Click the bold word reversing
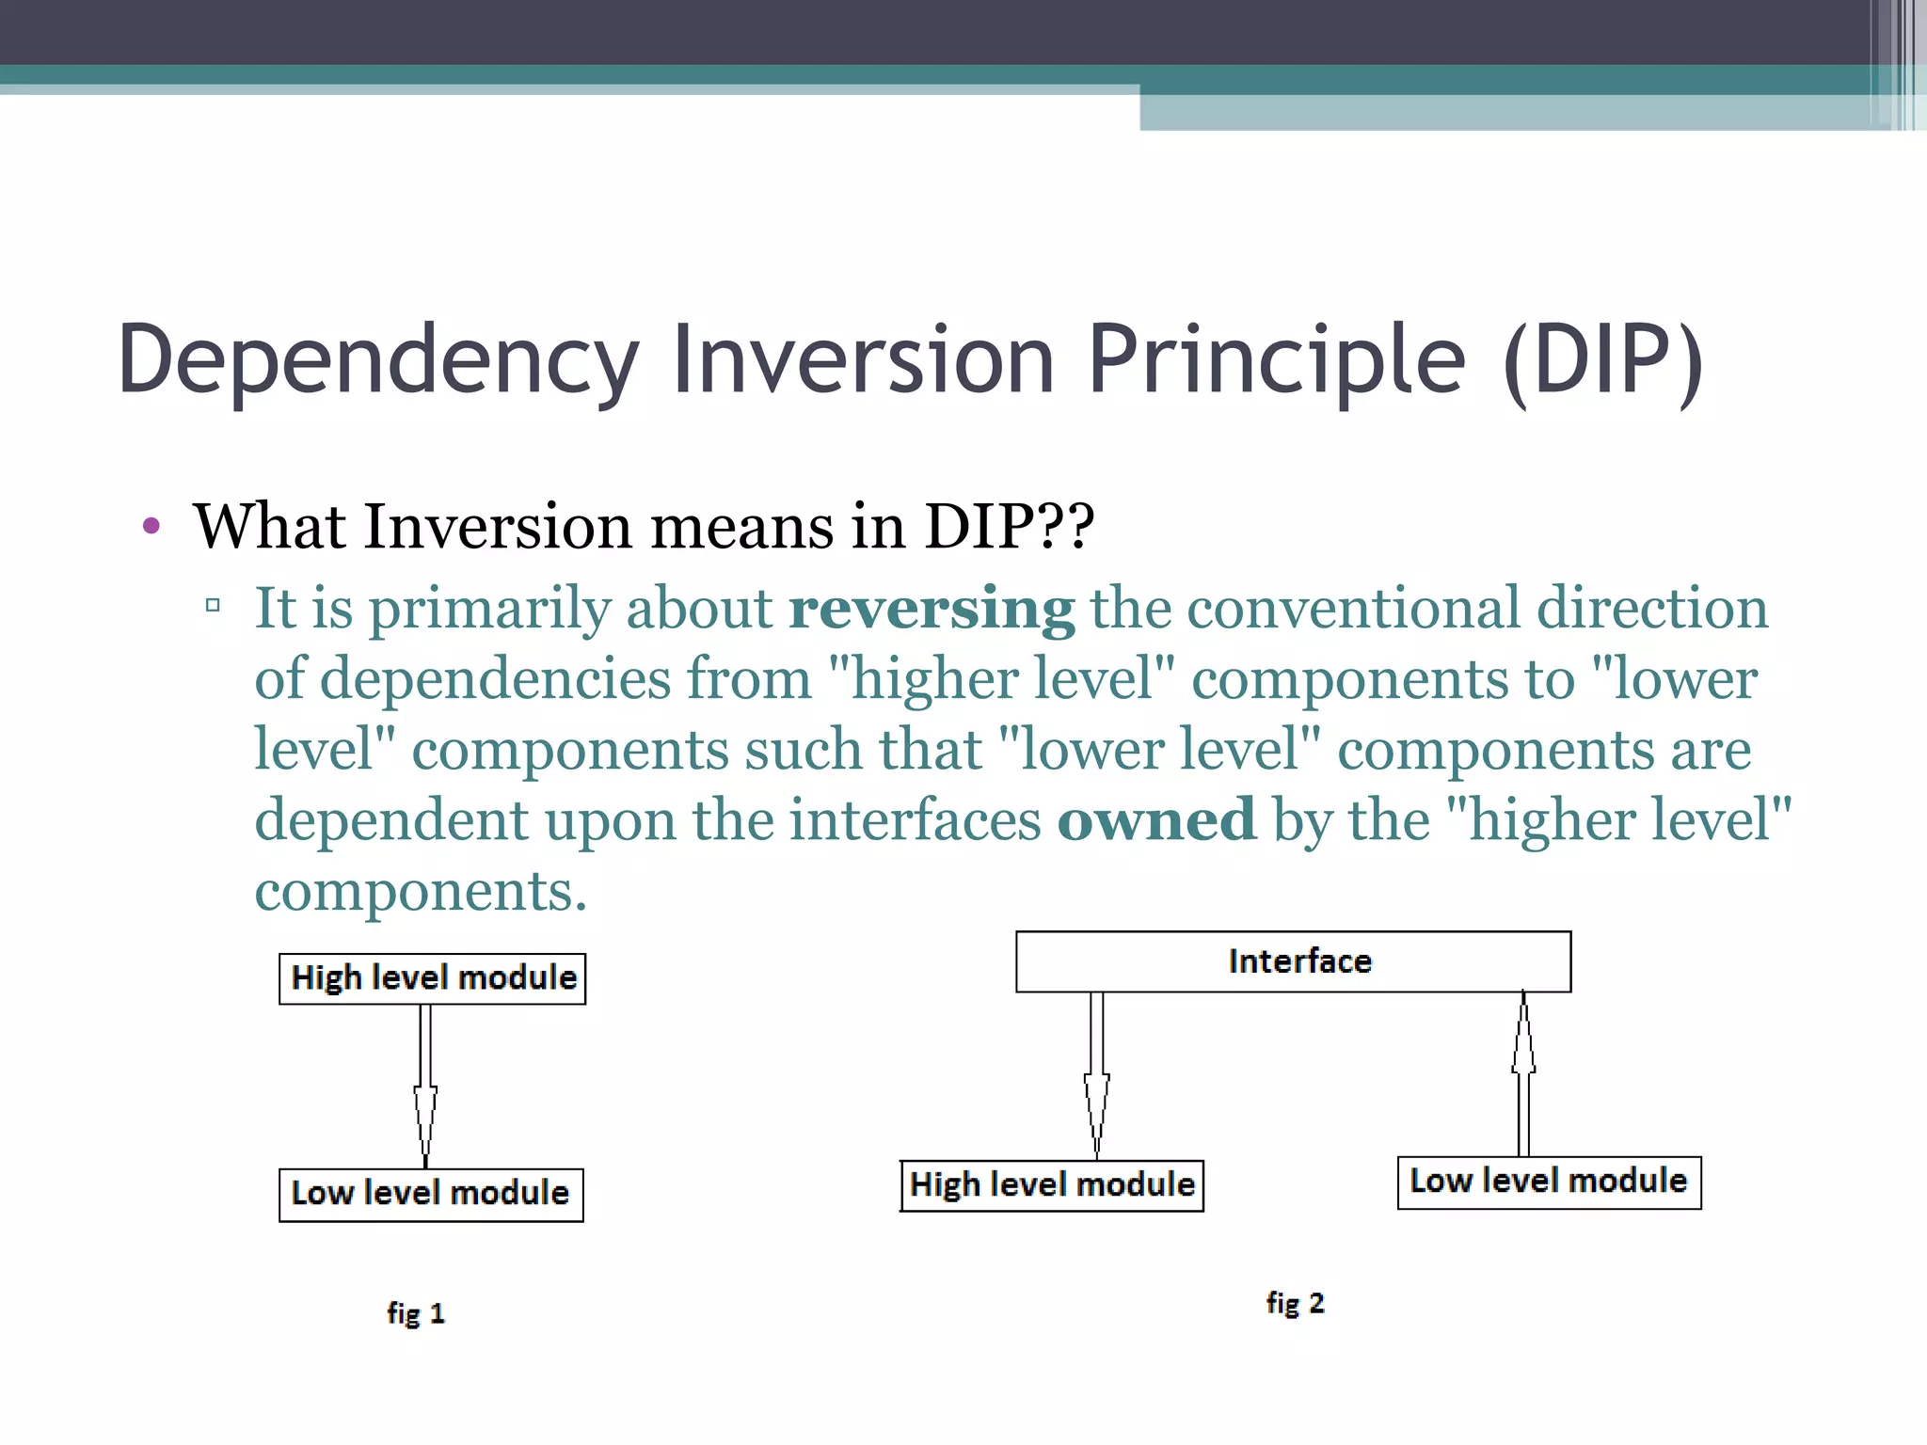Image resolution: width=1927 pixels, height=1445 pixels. pyautogui.click(x=932, y=610)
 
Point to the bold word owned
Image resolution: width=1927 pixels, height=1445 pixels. pyautogui.click(x=1156, y=820)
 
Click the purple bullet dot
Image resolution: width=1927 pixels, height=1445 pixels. pyautogui.click(x=151, y=526)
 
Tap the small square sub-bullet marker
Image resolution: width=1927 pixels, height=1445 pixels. pyautogui.click(x=213, y=605)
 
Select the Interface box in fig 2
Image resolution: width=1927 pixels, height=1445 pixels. pyautogui.click(x=1293, y=961)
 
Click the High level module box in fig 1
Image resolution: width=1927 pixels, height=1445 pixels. pyautogui.click(x=433, y=978)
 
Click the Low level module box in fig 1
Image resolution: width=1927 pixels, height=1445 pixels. pyautogui.click(x=431, y=1195)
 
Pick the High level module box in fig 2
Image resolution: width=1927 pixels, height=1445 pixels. pyautogui.click(x=1052, y=1185)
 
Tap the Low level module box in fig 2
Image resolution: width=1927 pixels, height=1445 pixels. pyautogui.click(x=1549, y=1183)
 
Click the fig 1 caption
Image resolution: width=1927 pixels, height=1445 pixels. pyautogui.click(x=415, y=1313)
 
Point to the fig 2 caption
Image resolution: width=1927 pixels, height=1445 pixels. pyautogui.click(x=1295, y=1303)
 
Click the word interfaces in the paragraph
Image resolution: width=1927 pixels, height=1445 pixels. pyautogui.click(x=914, y=820)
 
